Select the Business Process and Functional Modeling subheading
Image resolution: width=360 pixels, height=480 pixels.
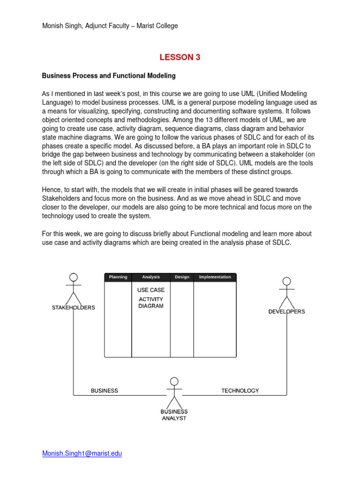click(109, 75)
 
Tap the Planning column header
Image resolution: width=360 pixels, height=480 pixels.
click(118, 277)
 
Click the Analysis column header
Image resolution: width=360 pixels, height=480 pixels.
click(151, 277)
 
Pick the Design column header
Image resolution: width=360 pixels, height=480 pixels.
click(182, 277)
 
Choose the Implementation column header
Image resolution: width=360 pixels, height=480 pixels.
click(215, 277)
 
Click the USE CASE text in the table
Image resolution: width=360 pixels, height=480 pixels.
click(151, 290)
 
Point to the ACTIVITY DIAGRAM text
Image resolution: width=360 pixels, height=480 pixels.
click(151, 303)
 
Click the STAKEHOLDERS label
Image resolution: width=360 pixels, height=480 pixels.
click(73, 308)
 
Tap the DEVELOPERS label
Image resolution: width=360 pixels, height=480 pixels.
click(286, 312)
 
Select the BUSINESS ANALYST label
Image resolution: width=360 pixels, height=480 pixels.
click(174, 415)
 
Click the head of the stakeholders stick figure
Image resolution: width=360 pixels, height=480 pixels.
click(74, 277)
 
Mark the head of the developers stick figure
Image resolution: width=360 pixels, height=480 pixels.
click(286, 281)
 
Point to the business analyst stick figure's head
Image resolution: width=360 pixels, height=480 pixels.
click(174, 381)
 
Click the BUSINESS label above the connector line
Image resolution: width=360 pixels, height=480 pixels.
click(104, 390)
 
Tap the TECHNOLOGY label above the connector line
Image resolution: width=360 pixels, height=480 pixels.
click(240, 390)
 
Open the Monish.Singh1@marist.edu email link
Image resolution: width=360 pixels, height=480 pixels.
click(82, 454)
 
